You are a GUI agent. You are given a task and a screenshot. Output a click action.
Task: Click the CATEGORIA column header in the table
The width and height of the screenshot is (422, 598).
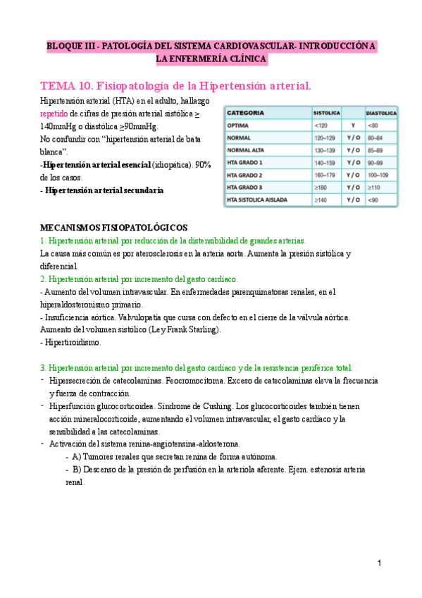tap(247, 112)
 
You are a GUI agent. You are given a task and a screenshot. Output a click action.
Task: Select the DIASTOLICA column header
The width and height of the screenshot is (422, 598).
tap(381, 113)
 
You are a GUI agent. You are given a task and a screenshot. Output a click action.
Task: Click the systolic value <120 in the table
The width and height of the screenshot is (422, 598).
tap(321, 125)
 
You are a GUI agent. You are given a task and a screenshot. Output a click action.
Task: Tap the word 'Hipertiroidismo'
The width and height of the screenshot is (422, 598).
tap(73, 343)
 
